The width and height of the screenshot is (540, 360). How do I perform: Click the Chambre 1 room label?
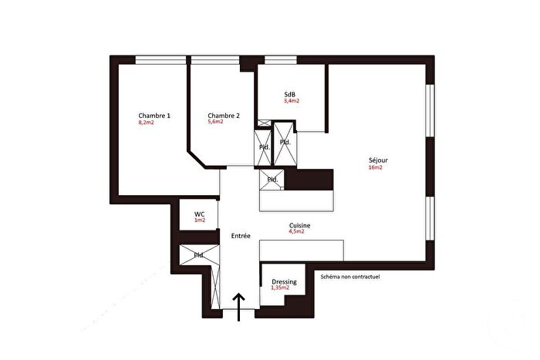154,116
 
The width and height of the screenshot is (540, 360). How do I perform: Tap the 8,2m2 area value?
146,123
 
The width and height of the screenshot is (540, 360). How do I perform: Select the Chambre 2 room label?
224,116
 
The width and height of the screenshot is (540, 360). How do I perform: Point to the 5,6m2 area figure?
215,122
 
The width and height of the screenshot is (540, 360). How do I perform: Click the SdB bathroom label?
291,94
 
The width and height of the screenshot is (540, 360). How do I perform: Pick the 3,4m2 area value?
292,101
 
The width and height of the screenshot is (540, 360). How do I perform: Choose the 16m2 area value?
375,167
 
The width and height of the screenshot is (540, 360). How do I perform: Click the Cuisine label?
299,225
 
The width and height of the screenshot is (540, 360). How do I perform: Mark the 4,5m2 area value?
297,231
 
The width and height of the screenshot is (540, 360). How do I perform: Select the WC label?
199,214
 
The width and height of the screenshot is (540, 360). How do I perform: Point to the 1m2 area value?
200,220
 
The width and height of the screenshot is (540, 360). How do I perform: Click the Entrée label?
241,235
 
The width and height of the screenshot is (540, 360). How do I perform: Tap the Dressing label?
284,282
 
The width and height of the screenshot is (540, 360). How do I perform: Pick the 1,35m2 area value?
284,288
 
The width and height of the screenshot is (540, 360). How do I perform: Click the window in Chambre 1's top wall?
160,59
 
